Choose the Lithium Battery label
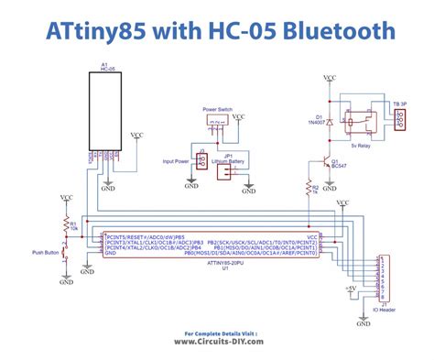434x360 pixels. coord(229,161)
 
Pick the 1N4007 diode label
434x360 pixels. coord(320,123)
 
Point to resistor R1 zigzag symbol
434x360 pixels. coord(66,224)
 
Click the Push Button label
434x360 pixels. coord(45,251)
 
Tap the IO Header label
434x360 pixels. coord(387,308)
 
